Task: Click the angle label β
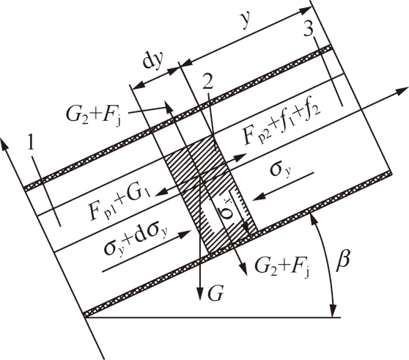342,261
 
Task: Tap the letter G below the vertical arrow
215,293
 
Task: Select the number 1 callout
31,144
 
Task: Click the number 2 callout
208,83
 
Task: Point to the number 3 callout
309,29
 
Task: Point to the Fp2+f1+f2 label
281,125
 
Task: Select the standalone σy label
281,170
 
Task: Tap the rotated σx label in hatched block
226,209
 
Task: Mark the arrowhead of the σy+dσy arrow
185,232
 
